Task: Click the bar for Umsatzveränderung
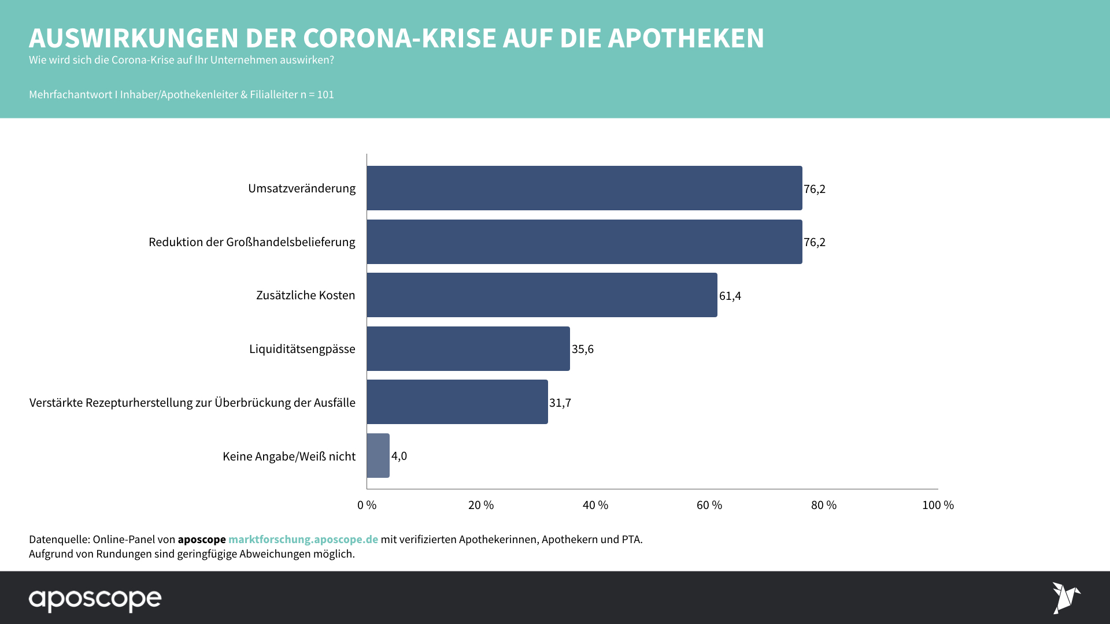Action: click(584, 188)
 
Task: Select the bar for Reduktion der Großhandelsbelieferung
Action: click(584, 242)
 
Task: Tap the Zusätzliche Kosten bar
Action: click(542, 295)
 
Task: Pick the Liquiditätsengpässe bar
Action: click(468, 349)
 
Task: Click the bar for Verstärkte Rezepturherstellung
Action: click(457, 402)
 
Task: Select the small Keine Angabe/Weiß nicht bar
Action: click(378, 456)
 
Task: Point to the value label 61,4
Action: click(730, 296)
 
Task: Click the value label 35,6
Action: click(582, 349)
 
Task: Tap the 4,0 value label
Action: click(399, 456)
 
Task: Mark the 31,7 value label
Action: click(560, 403)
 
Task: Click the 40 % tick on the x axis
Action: click(595, 505)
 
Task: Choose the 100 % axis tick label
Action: click(937, 505)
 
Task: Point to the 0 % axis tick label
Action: click(367, 505)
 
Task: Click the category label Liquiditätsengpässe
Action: click(302, 349)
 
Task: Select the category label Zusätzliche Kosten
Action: click(305, 295)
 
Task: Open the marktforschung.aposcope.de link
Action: click(303, 539)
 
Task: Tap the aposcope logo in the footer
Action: click(95, 600)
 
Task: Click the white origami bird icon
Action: click(1065, 597)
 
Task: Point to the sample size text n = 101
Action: click(317, 95)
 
